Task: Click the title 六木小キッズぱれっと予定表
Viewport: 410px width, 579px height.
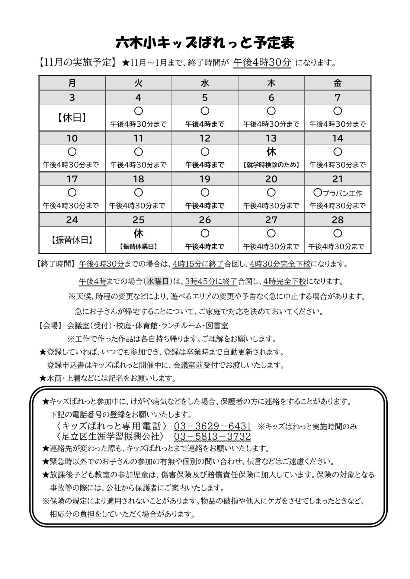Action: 205,43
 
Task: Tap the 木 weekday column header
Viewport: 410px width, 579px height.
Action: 271,83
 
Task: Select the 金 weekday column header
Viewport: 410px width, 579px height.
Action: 338,83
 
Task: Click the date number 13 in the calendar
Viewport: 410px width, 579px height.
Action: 271,138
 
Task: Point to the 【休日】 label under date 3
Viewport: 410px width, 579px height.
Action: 72,118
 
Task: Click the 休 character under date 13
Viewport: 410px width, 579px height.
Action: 271,152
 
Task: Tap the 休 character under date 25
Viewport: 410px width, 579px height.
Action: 138,233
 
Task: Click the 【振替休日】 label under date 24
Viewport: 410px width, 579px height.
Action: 72,240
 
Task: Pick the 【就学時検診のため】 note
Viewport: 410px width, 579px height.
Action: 271,165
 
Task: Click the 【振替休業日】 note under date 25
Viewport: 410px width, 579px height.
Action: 138,247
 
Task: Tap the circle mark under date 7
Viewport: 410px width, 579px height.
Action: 338,111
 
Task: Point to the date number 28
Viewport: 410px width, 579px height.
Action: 338,220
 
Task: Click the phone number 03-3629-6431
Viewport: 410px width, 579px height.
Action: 213,426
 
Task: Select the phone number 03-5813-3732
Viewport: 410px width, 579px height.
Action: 213,436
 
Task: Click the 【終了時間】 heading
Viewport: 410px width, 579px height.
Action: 55,264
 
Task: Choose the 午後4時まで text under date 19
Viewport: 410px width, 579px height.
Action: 205,206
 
